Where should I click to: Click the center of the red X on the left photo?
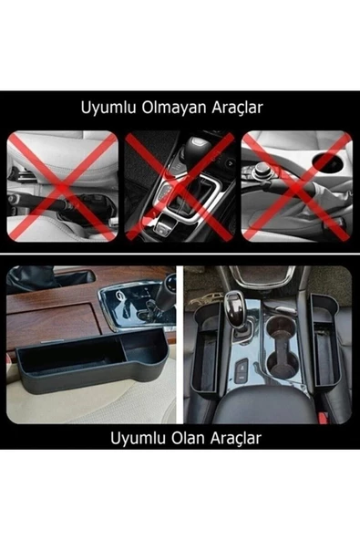(x=62, y=185)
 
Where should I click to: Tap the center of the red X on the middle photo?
(x=180, y=185)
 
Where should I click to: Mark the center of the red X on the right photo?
(x=297, y=185)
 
